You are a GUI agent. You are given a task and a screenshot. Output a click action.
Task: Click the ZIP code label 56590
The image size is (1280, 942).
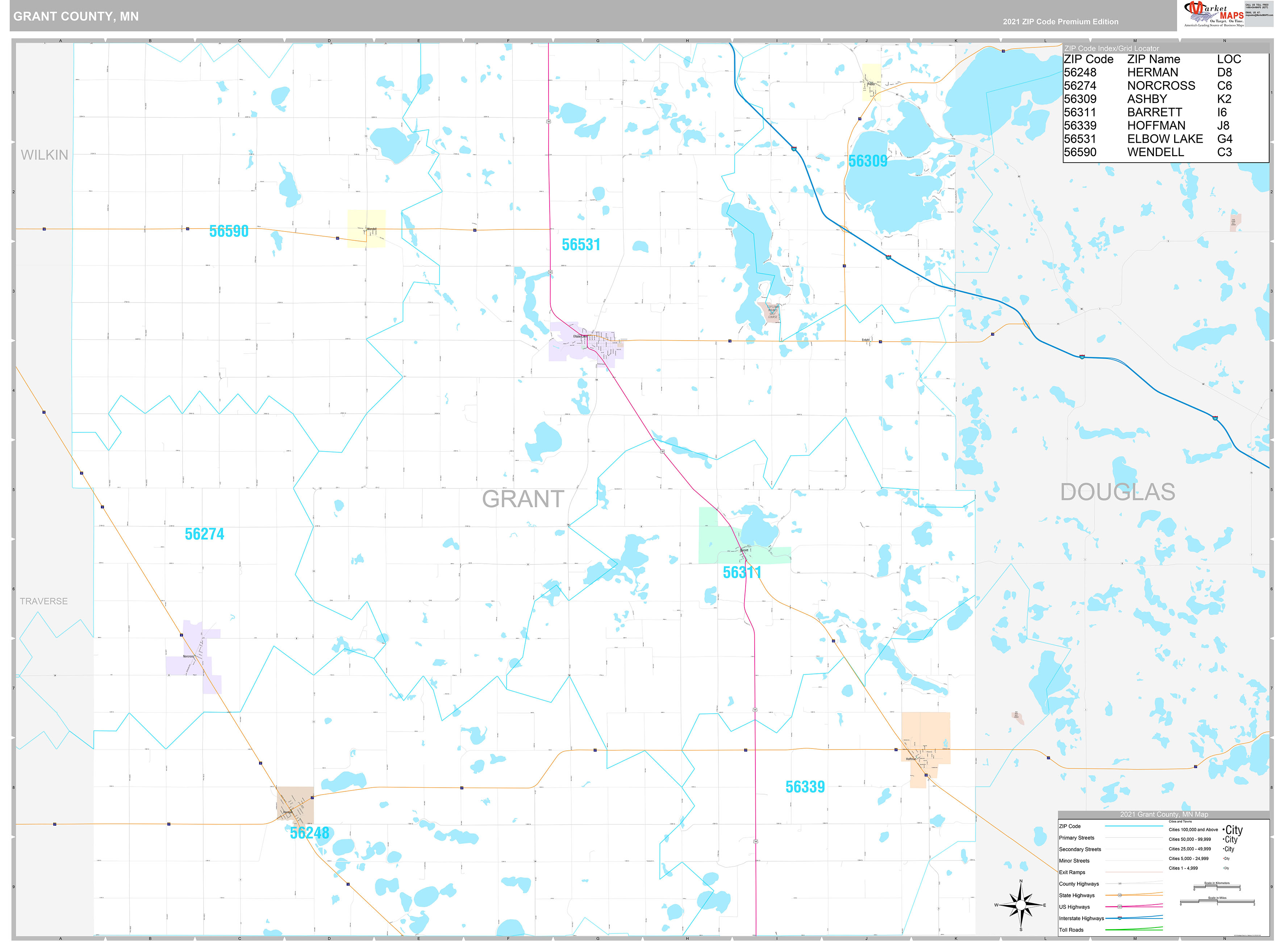click(x=229, y=232)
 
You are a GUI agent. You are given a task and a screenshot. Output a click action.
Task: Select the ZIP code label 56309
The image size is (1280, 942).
click(x=867, y=161)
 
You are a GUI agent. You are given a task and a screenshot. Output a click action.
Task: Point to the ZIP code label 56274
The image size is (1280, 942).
click(x=204, y=534)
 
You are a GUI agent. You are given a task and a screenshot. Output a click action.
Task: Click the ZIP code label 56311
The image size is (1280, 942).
click(x=741, y=572)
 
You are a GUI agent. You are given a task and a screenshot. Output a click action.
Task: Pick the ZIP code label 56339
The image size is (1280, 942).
click(x=805, y=787)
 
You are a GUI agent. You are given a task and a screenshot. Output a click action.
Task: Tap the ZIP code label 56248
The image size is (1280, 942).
click(x=309, y=833)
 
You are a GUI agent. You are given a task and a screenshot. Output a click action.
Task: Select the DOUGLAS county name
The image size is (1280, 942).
click(x=1117, y=492)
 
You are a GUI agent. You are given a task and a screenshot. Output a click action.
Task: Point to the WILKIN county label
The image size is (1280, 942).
click(x=45, y=155)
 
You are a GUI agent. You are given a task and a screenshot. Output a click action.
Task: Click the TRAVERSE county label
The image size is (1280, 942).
click(x=44, y=601)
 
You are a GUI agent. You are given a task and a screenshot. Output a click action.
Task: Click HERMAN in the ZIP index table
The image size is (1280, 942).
click(x=1152, y=72)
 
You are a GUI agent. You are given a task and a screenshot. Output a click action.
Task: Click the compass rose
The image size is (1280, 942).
click(x=1021, y=905)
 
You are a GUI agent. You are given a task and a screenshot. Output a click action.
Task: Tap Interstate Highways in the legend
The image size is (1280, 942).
click(x=1081, y=918)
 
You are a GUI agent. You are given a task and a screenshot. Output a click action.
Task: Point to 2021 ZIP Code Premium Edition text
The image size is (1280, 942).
click(x=1060, y=22)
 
